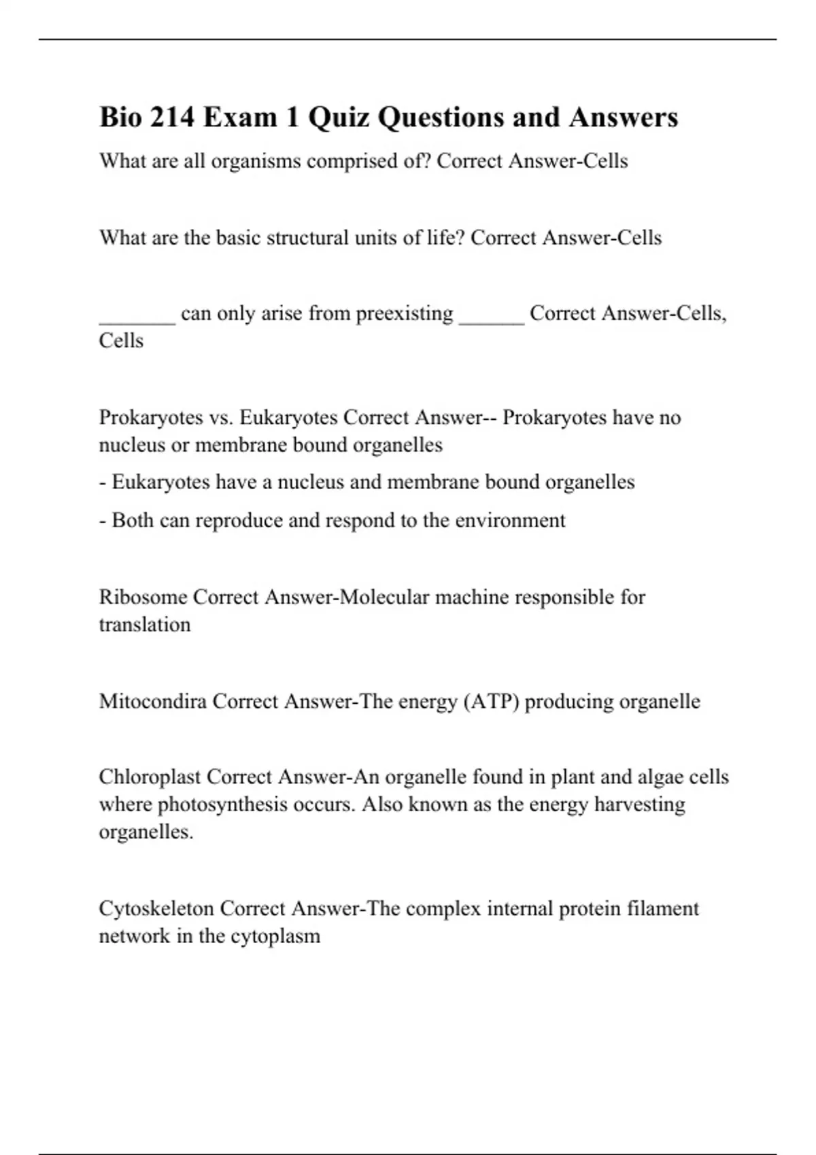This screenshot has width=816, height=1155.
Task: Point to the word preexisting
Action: click(404, 313)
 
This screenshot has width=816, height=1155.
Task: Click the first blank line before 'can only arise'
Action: click(137, 319)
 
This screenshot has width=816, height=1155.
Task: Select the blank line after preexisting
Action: click(492, 319)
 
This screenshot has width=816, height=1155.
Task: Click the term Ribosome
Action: click(143, 597)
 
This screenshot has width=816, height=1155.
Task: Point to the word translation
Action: click(145, 624)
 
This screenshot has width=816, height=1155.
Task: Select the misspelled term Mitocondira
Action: click(152, 701)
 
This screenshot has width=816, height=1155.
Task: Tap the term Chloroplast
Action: click(149, 777)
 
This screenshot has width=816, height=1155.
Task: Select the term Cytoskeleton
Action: click(156, 908)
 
